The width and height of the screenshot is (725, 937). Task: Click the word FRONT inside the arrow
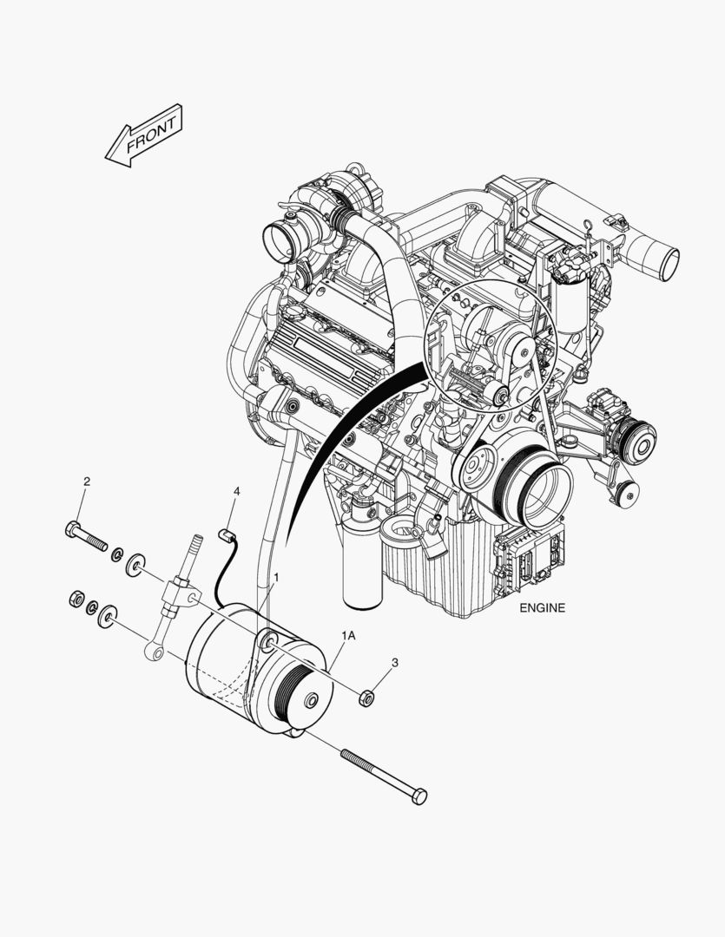(x=152, y=134)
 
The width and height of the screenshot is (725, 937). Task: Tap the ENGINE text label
(x=542, y=608)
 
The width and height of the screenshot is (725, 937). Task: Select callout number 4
(x=237, y=491)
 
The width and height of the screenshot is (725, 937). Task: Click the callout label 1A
(x=348, y=636)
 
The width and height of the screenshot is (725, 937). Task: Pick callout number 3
(x=395, y=663)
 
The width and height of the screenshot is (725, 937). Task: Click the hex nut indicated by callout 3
(x=366, y=698)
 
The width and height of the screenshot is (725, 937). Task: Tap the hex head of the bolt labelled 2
(x=72, y=529)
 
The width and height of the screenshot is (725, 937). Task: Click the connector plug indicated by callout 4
(x=225, y=534)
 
